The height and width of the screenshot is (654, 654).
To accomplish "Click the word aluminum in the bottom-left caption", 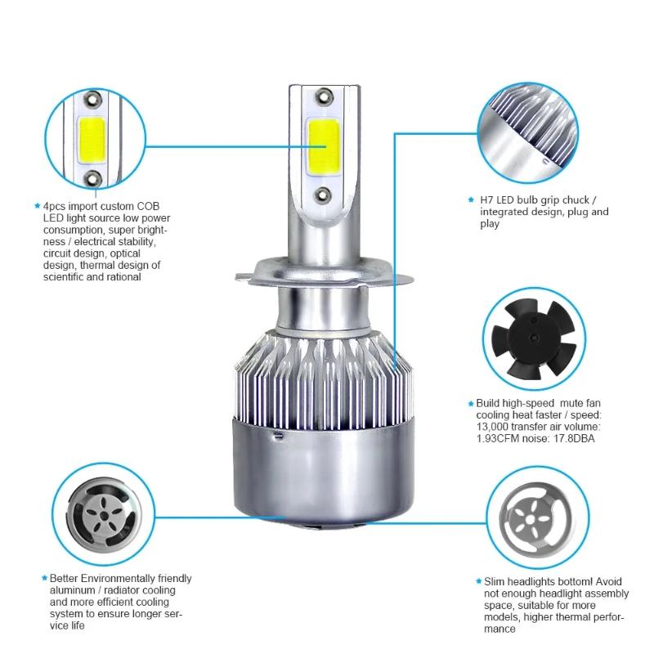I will click(x=65, y=589).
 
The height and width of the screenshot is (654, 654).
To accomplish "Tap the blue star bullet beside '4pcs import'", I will click(x=37, y=207).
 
